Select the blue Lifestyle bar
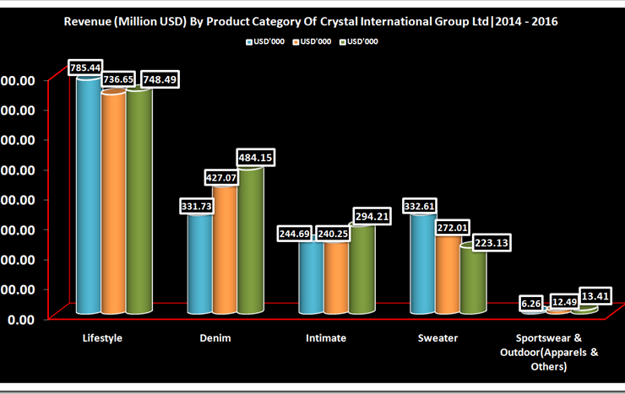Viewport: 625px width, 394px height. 89,194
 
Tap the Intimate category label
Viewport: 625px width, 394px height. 326,338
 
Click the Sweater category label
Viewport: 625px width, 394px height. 438,338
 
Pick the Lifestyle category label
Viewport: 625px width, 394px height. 103,338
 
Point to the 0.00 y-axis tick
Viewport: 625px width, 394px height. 19,320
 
